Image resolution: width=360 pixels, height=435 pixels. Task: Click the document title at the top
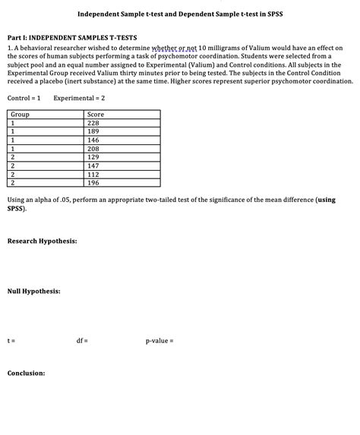179,15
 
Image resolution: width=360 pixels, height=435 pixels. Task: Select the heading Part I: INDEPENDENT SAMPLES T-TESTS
72,37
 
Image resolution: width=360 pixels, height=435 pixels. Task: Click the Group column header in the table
21,115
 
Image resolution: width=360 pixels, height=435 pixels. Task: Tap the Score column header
96,115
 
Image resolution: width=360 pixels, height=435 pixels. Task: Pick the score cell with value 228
94,123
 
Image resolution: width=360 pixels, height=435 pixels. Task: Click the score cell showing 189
94,131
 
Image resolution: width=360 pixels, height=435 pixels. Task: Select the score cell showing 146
94,140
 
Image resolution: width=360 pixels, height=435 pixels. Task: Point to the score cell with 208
94,149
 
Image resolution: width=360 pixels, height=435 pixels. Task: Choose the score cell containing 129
94,157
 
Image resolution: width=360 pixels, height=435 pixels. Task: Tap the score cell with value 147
94,165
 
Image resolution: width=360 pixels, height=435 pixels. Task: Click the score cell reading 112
94,174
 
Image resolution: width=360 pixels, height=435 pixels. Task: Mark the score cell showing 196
94,183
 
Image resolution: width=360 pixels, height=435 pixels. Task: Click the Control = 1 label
24,99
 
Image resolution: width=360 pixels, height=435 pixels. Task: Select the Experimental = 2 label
79,99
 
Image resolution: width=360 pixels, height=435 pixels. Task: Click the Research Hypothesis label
42,241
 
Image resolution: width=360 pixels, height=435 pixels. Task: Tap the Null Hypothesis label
34,292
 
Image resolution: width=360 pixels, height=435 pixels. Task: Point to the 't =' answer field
11,341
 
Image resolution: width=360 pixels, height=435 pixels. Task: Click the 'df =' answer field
82,341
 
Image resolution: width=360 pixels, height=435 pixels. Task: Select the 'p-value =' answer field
159,341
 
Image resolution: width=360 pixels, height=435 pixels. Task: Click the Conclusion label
27,374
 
